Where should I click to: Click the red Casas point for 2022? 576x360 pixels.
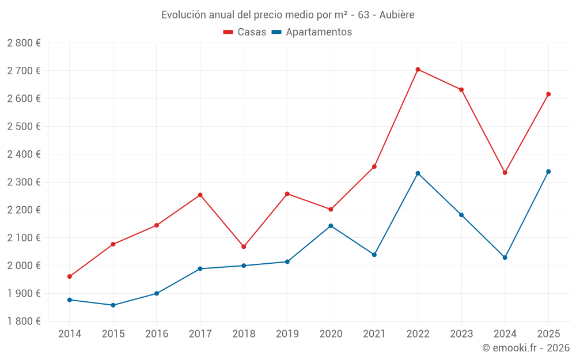tap(418, 69)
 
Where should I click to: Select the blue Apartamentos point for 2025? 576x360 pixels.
tap(548, 172)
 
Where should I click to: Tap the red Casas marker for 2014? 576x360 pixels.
tap(70, 276)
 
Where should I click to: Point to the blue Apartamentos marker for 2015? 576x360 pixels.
tap(113, 305)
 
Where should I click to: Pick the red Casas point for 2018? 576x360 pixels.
tap(244, 247)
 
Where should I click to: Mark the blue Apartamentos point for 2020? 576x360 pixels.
tap(331, 226)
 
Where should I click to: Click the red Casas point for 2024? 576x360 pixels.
tap(505, 173)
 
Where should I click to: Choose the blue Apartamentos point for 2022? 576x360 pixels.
tap(418, 173)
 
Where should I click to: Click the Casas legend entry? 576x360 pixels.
tap(245, 32)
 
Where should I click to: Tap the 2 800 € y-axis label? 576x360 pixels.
tap(24, 43)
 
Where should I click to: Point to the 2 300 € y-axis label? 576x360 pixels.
tap(24, 182)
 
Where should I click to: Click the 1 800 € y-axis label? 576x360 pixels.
tap(24, 321)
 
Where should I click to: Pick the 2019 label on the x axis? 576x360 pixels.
tap(287, 334)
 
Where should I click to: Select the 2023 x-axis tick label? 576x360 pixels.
tap(461, 334)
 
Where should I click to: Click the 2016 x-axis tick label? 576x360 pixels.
tap(157, 334)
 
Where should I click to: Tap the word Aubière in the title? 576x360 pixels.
tap(397, 15)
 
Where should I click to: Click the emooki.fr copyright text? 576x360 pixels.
tap(526, 348)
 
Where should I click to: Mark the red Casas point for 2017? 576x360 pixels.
tap(200, 195)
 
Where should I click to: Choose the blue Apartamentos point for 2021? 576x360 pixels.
tap(374, 255)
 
